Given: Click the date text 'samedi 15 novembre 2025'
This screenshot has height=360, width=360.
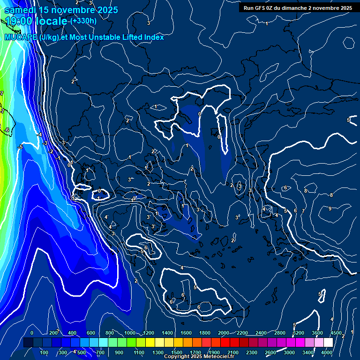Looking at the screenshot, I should point(61,10).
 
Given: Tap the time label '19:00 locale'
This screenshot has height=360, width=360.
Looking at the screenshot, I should point(37,21).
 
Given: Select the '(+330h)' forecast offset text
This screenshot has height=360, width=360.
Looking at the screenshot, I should point(83,21).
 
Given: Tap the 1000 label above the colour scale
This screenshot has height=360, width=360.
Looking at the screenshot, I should point(129,333).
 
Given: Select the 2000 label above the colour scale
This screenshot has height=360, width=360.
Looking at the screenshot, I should point(224,333).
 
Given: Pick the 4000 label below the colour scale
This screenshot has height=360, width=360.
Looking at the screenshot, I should point(327,352).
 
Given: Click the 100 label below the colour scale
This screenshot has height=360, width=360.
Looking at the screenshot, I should point(45,352).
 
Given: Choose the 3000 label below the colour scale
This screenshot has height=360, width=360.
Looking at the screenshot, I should point(289,352).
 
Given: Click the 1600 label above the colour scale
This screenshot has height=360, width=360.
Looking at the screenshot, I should point(186,333).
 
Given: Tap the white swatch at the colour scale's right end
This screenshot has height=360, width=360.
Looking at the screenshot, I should point(328,343).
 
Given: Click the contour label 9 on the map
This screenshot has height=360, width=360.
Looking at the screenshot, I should point(330,209).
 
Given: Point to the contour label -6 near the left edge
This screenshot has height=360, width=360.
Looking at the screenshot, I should point(7,130).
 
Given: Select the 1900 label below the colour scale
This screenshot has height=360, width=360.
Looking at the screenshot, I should point(214,352).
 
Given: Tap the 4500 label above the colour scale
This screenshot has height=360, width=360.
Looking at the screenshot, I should point(336,333).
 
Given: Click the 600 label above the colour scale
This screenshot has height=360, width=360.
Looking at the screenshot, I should point(91,333).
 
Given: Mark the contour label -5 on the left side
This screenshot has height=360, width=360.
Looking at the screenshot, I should point(20,147).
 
